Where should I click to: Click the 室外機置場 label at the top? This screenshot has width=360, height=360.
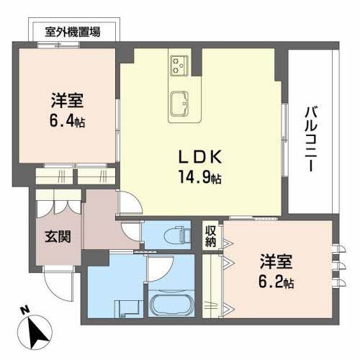(x=73, y=32)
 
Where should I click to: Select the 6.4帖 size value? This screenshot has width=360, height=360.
(x=66, y=122)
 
